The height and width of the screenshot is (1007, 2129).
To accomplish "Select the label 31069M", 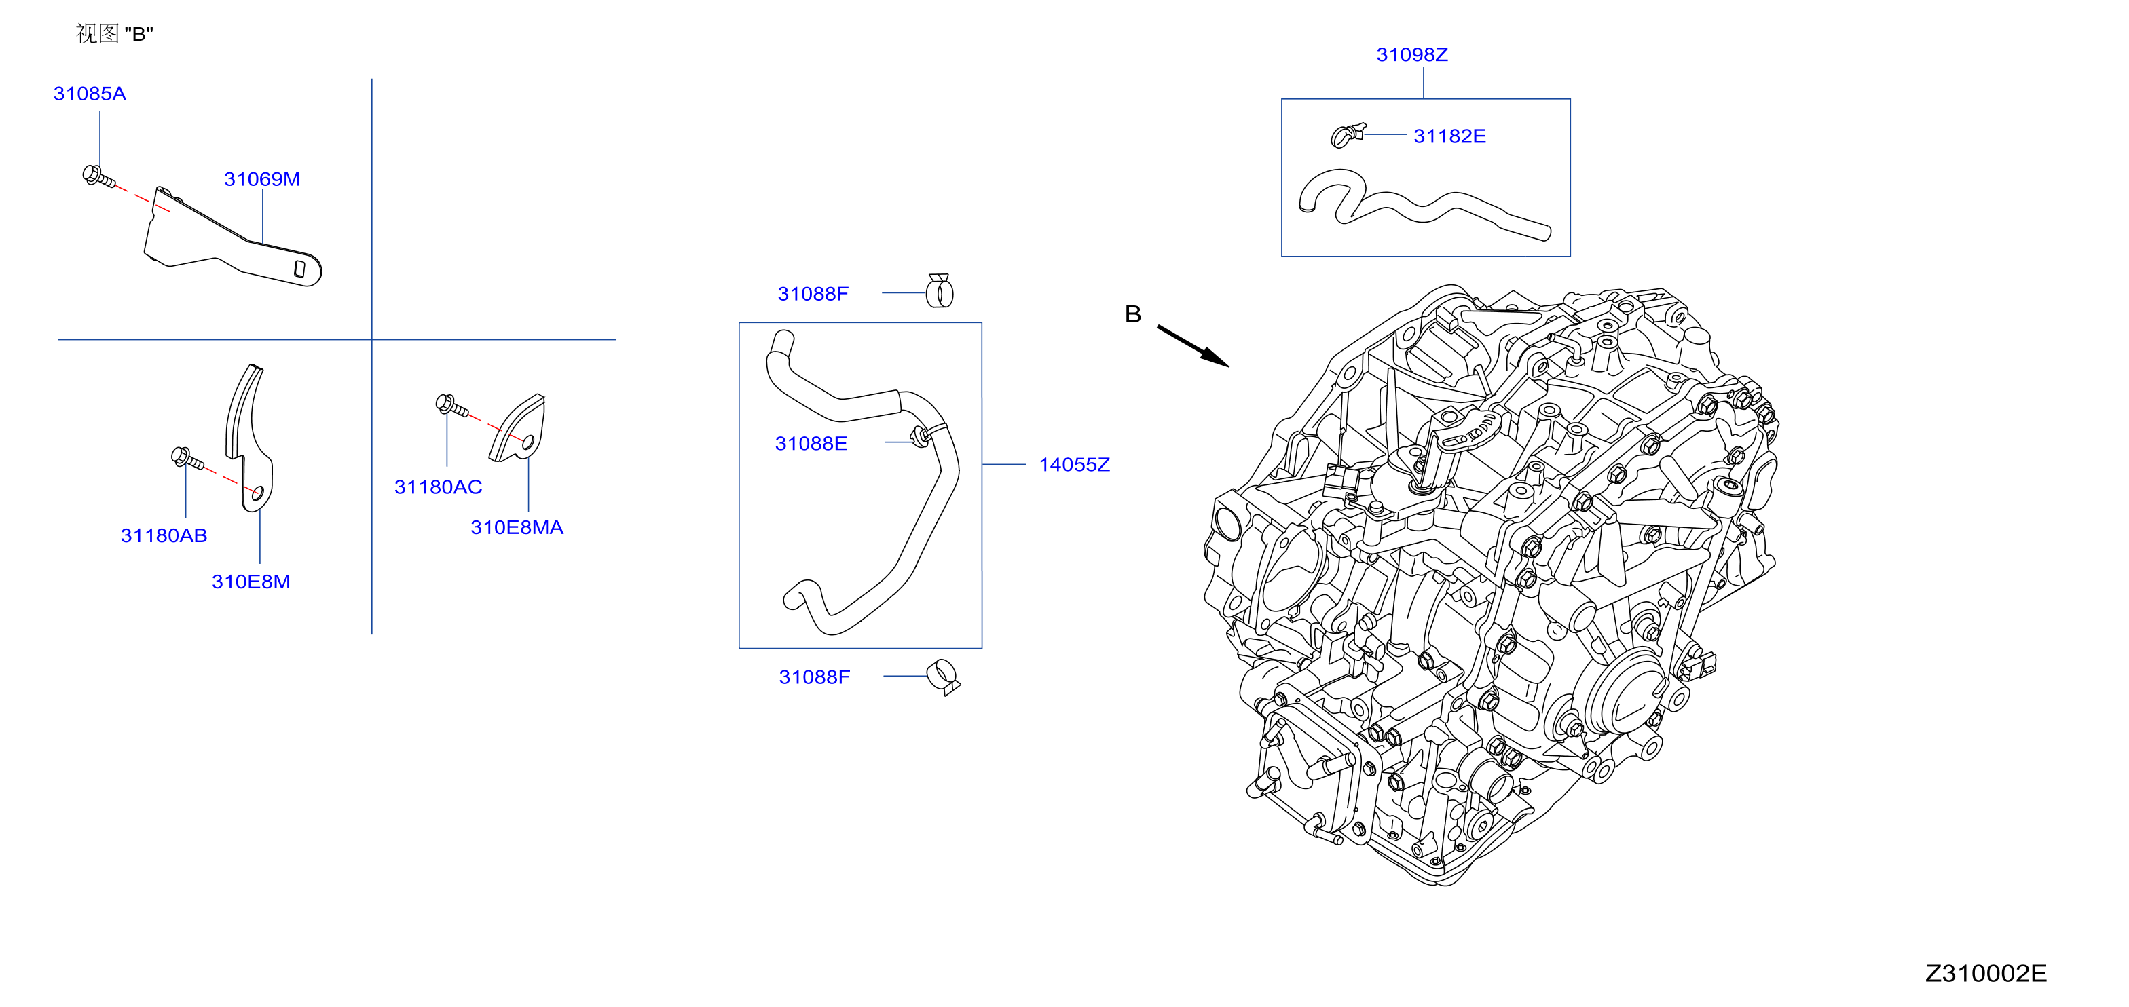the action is (x=262, y=179).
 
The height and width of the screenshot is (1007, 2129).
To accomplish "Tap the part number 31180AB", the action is (x=164, y=535).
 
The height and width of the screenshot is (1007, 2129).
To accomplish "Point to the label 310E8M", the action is (x=251, y=582).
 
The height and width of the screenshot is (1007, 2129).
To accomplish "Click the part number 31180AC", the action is (x=438, y=487).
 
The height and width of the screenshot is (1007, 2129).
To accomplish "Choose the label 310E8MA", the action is (x=517, y=527).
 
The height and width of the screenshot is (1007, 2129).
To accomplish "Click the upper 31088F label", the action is (x=813, y=294).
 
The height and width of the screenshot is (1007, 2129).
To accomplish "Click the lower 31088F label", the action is (x=814, y=677).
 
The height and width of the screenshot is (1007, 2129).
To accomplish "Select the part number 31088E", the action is (x=811, y=444).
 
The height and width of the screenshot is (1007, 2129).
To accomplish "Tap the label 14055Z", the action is (x=1075, y=465).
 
